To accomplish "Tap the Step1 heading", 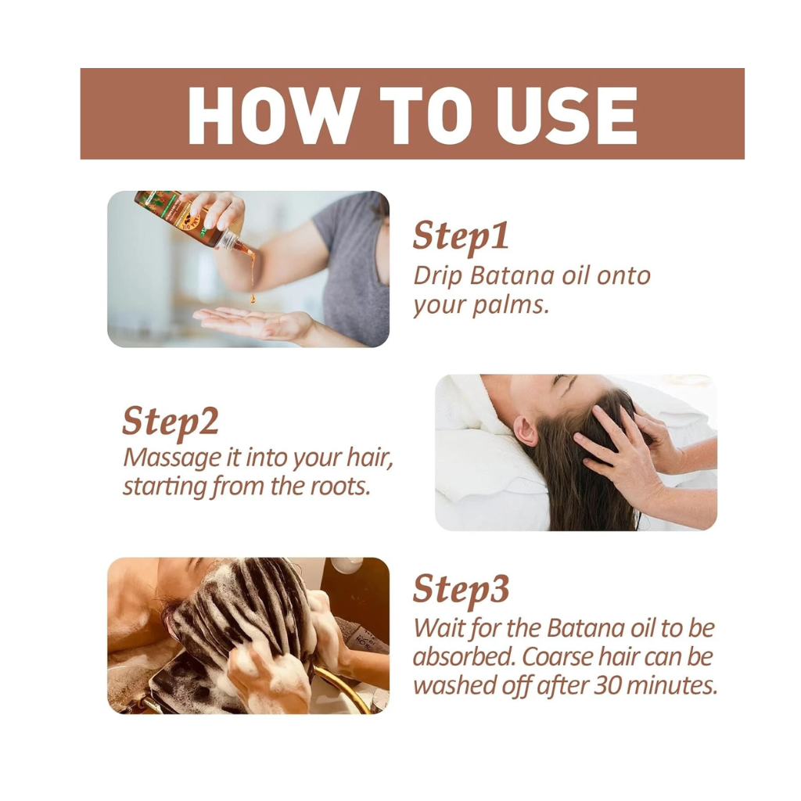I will pyautogui.click(x=461, y=236).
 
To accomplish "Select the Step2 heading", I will pyautogui.click(x=170, y=422).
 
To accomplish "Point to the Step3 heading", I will pyautogui.click(x=461, y=591).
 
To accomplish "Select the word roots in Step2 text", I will pyautogui.click(x=338, y=486).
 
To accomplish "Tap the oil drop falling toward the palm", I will pyautogui.click(x=253, y=298).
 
